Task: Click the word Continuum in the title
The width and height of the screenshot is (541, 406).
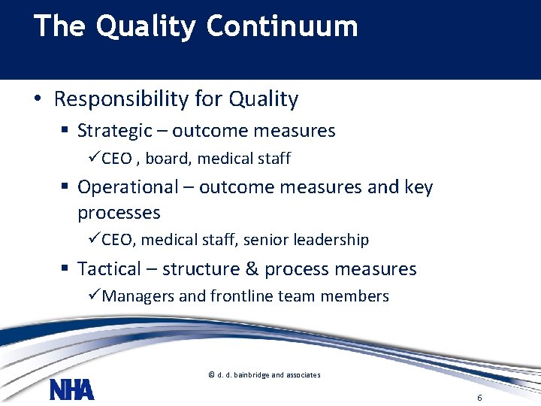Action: [282, 26]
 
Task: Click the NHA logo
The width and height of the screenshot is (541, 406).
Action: [72, 390]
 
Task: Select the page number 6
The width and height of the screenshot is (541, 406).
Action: [479, 397]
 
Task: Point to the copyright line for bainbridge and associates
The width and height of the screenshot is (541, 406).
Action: [264, 374]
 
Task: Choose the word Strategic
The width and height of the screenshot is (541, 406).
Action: [114, 131]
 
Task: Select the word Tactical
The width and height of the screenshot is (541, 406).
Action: [109, 269]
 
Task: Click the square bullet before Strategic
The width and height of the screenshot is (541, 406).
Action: [66, 132]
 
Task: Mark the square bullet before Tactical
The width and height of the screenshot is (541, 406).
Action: [66, 270]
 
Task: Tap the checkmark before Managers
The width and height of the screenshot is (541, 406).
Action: [95, 296]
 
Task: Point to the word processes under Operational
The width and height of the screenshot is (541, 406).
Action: [119, 213]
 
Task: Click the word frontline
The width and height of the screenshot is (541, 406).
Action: [241, 296]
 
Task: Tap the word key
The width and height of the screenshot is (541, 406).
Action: [419, 186]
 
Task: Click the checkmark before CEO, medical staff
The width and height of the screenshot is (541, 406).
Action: [95, 240]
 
